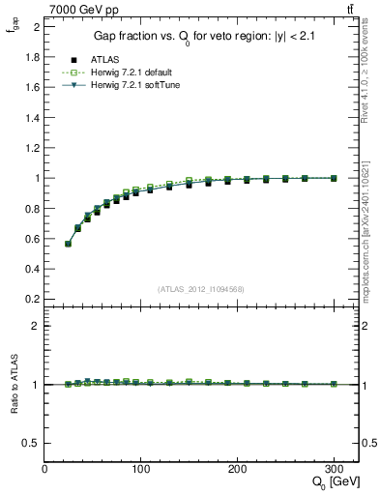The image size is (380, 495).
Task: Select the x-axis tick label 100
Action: pyautogui.click(x=141, y=469)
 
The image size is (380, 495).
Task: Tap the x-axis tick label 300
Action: pyautogui.click(x=334, y=469)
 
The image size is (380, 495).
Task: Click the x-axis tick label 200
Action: pyautogui.click(x=237, y=469)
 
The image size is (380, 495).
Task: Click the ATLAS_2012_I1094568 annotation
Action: pyautogui.click(x=201, y=289)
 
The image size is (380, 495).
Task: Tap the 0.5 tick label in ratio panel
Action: pyautogui.click(x=32, y=443)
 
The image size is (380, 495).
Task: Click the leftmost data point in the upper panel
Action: pyautogui.click(x=68, y=244)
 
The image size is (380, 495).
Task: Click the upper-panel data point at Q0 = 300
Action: pyautogui.click(x=334, y=178)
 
